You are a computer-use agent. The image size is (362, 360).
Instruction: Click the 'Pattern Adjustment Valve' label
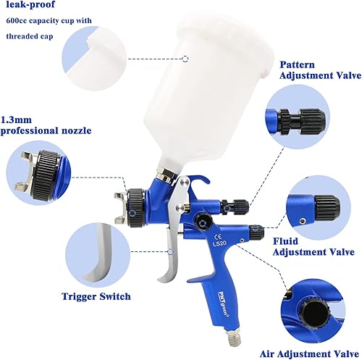pyautogui.click(x=315, y=70)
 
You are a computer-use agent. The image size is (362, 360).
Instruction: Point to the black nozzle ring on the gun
pyautogui.click(x=138, y=199)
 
